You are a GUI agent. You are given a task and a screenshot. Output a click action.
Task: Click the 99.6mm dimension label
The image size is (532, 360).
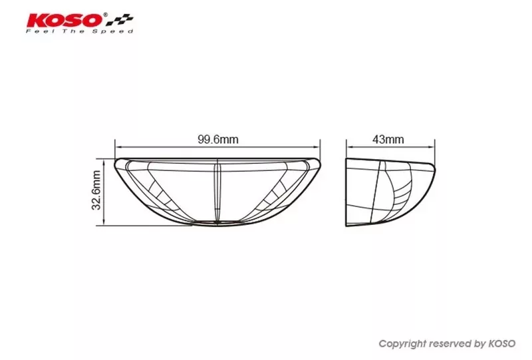pos(217,140)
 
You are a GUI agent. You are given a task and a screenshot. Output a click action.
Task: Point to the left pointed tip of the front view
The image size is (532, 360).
pos(116,162)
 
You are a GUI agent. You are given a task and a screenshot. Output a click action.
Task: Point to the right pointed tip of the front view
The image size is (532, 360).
pos(320,162)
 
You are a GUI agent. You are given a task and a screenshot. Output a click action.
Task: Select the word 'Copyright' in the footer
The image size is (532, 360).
pos(401,344)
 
